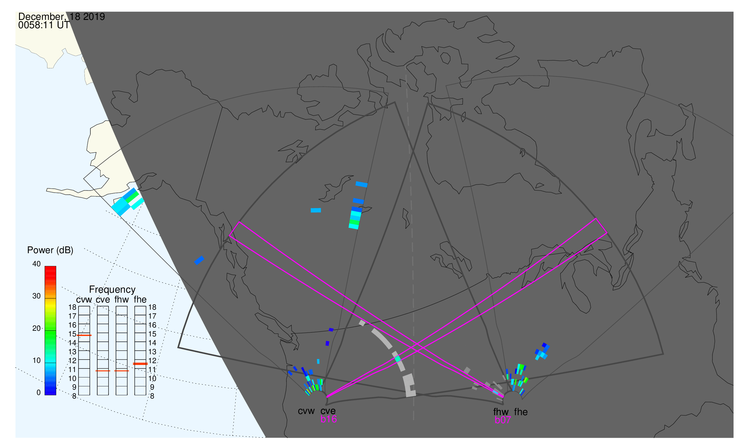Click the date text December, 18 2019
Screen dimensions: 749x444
click(61, 16)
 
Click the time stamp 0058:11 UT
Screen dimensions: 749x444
click(44, 25)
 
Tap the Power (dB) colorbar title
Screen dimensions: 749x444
click(50, 250)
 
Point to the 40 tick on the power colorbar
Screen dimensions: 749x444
click(36, 264)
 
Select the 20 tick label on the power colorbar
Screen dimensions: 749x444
click(36, 328)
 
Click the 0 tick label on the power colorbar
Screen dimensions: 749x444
click(38, 393)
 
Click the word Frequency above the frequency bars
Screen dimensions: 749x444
click(112, 290)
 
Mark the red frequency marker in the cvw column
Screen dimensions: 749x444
click(84, 336)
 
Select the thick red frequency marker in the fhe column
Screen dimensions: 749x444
click(140, 364)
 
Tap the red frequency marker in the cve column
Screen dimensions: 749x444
click(103, 371)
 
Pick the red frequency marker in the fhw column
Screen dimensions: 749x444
click(122, 371)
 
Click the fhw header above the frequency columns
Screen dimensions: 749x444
click(122, 300)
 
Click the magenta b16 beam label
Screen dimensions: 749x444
click(328, 419)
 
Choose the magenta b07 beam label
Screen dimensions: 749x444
click(503, 420)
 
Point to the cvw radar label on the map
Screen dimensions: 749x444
click(306, 411)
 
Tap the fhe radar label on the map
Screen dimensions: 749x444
click(521, 412)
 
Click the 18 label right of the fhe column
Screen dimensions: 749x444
click(152, 307)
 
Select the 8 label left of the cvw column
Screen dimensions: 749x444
click(74, 396)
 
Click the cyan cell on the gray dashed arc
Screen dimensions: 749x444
click(398, 359)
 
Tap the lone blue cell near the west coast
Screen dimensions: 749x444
click(199, 260)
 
